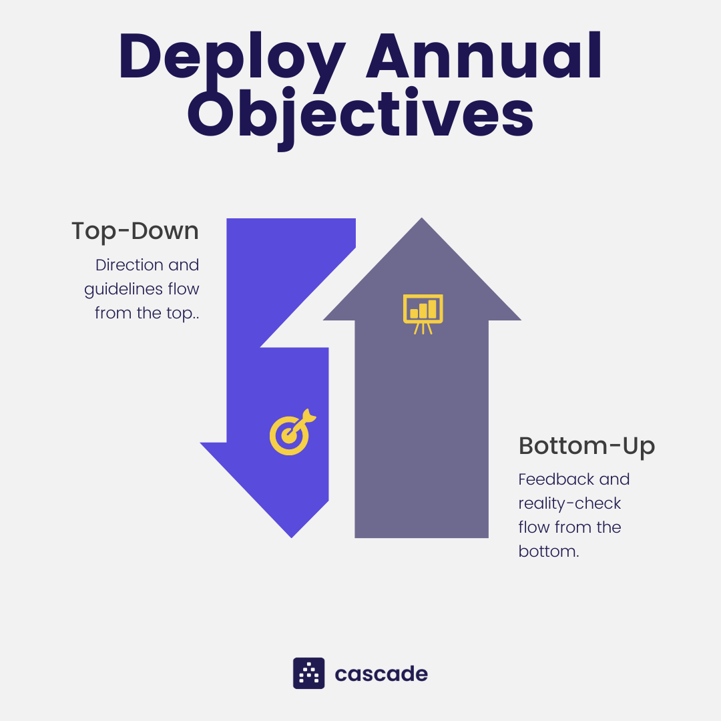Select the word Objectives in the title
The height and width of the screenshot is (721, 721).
coord(360,115)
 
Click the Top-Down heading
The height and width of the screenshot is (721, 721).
coord(135,231)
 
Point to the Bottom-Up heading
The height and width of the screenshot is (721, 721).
coord(587,445)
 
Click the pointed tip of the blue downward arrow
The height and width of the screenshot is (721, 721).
coord(292,534)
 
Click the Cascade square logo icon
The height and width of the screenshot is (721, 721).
coord(308,673)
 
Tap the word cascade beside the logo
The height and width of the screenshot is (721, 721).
coord(381,674)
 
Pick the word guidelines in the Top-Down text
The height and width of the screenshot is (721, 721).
coord(122,290)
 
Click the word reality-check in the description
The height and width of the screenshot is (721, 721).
coord(569,503)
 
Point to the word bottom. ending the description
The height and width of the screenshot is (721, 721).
coord(548,552)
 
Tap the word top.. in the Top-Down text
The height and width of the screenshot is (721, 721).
coord(178,314)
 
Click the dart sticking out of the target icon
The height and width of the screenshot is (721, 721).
coord(306,417)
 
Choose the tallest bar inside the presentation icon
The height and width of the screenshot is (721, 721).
coord(432,308)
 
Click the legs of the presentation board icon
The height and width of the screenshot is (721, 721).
coord(423,328)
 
